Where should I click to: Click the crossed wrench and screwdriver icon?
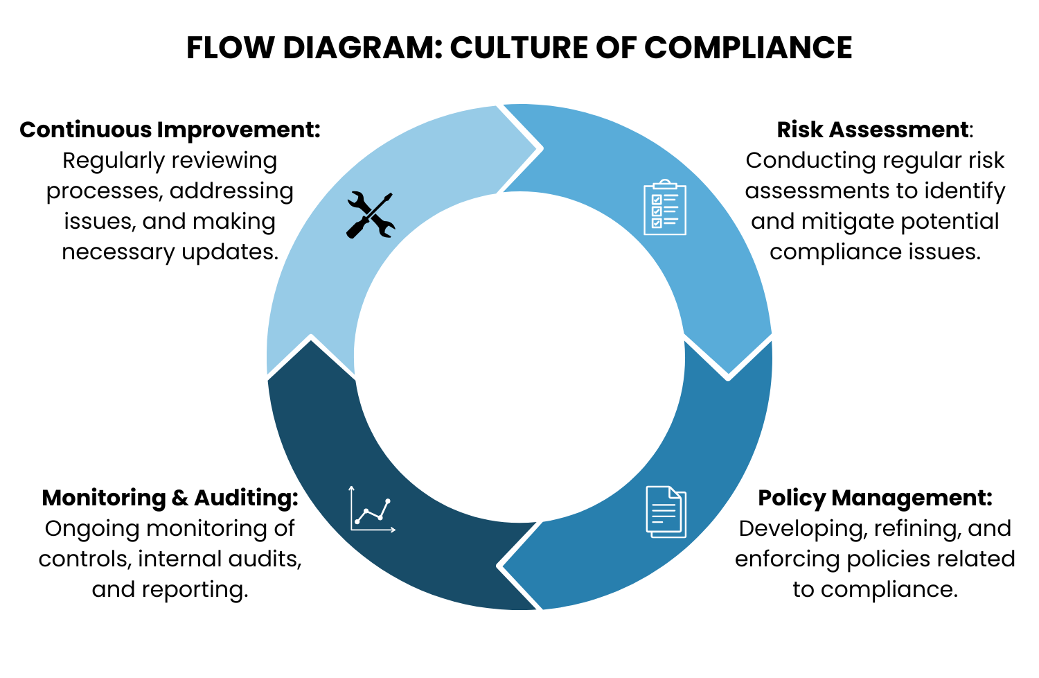[371, 215]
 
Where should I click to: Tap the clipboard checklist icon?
[665, 207]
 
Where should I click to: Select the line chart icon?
[372, 510]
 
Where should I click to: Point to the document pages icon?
[666, 512]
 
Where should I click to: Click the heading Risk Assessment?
[873, 130]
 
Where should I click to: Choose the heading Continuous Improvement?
[170, 130]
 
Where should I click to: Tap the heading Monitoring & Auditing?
[170, 498]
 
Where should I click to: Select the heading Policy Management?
[875, 498]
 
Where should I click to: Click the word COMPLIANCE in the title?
[748, 48]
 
